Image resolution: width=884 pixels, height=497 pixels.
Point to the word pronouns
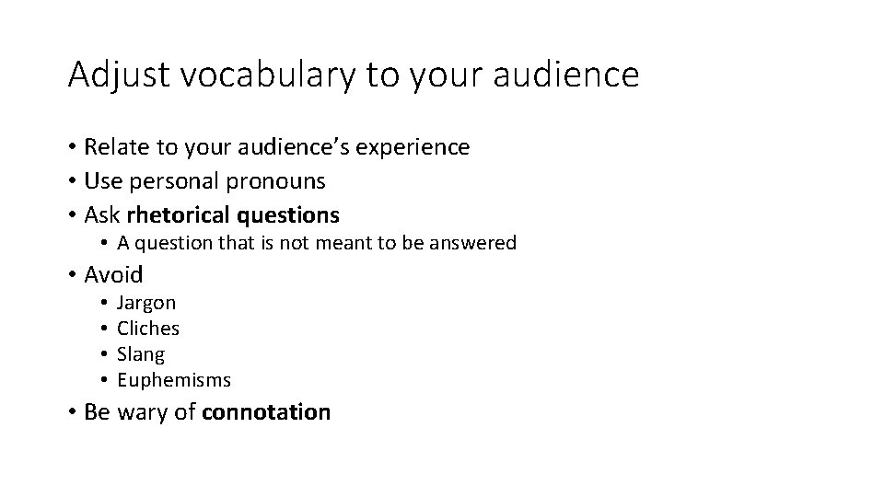pyautogui.click(x=279, y=181)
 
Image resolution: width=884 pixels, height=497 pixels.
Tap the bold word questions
pyautogui.click(x=287, y=216)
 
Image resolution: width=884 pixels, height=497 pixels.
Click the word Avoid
pyautogui.click(x=113, y=274)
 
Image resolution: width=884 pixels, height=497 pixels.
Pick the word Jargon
pyautogui.click(x=146, y=303)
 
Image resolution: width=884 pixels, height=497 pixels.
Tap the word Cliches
pyautogui.click(x=148, y=328)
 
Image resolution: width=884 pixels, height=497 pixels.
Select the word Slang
pyautogui.click(x=141, y=353)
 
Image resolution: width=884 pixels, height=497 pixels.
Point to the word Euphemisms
pyautogui.click(x=174, y=379)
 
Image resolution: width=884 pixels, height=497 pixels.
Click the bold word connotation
pyautogui.click(x=265, y=411)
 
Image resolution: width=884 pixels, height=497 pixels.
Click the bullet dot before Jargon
pyautogui.click(x=106, y=302)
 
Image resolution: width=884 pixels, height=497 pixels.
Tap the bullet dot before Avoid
pyautogui.click(x=72, y=274)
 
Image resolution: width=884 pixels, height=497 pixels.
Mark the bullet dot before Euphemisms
pyautogui.click(x=106, y=379)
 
